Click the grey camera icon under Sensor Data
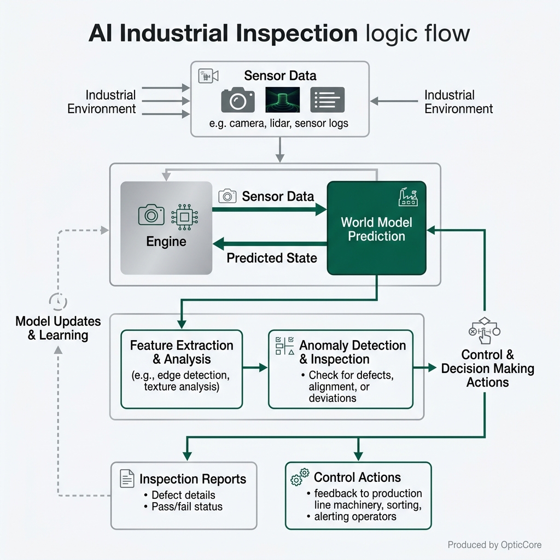point(238,100)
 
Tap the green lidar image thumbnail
point(283,100)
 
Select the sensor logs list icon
point(328,100)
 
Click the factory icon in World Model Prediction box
point(408,197)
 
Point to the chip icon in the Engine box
point(185,217)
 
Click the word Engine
point(166,241)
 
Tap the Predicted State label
point(272,258)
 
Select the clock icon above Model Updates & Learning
point(58,301)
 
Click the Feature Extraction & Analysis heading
point(182,352)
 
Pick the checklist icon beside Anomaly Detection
point(284,346)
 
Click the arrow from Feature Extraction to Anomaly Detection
point(255,367)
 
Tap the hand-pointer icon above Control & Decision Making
point(485,331)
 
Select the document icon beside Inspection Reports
point(127,479)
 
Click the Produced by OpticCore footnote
point(494,545)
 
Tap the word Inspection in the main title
point(296,33)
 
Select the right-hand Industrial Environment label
point(459,102)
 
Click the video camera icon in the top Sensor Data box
point(208,75)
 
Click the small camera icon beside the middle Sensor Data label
point(227,196)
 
